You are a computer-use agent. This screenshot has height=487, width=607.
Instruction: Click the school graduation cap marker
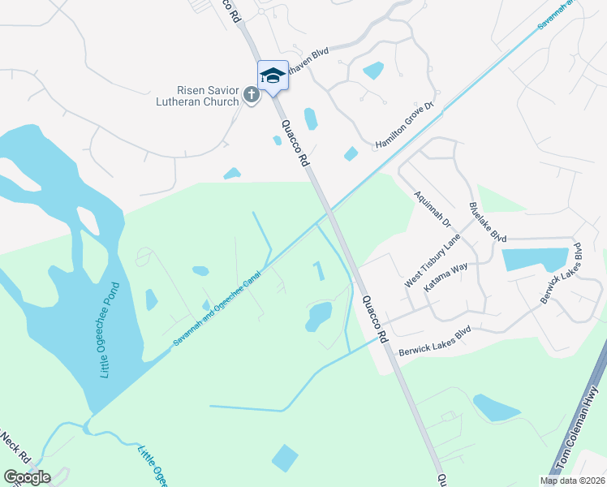tap(273, 75)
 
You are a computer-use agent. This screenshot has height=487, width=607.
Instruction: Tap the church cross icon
tap(252, 97)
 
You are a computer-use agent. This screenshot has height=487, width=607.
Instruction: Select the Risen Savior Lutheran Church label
tap(199, 96)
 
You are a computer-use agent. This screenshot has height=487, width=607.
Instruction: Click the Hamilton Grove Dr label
tap(406, 132)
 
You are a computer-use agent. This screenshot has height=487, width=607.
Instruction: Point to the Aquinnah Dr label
tap(433, 211)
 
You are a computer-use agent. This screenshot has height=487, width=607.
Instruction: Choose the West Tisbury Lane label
tap(433, 261)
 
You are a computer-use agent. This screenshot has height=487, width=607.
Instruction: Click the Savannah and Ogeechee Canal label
tap(230, 300)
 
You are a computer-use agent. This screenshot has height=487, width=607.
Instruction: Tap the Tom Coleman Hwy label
tap(579, 431)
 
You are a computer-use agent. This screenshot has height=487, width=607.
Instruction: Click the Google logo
tap(27, 476)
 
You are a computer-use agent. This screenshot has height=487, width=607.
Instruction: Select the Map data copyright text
tap(571, 481)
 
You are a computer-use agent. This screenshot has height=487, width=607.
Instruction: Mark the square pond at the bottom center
tap(285, 458)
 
